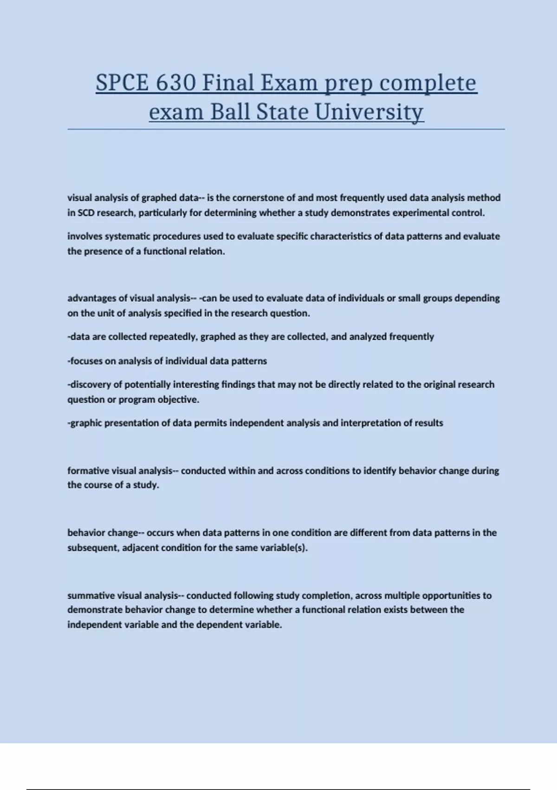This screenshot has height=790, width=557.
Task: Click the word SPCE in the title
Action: click(123, 83)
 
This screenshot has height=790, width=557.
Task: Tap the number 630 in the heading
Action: click(176, 83)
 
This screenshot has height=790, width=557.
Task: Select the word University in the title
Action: click(369, 112)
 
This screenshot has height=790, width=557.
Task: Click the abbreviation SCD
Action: click(86, 213)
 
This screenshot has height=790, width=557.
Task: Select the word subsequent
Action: click(93, 548)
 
